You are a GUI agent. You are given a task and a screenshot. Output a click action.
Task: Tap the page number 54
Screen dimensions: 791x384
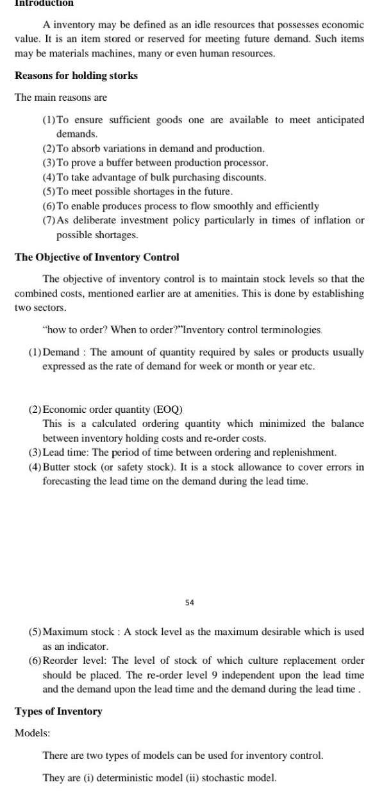[190, 602]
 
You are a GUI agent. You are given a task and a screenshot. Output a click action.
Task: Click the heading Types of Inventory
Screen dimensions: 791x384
[58, 711]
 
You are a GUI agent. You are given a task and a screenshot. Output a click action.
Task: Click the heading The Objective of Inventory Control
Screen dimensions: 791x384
[97, 257]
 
